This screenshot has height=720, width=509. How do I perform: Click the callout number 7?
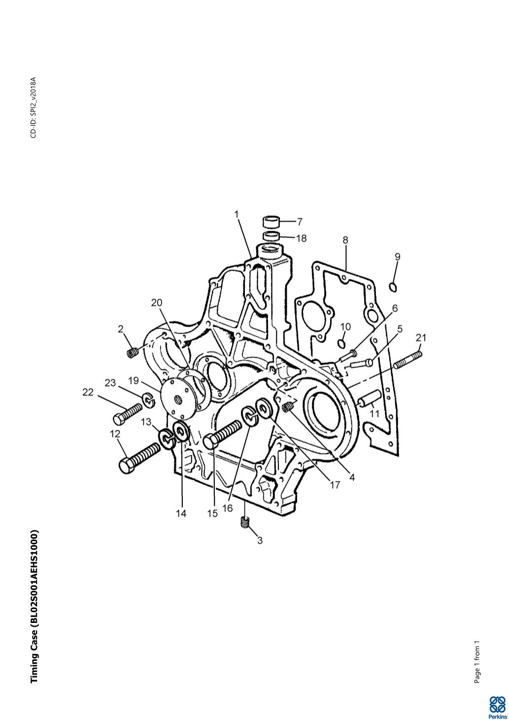pyautogui.click(x=300, y=222)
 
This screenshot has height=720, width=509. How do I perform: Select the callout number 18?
pyautogui.click(x=301, y=238)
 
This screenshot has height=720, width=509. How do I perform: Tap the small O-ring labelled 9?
pyautogui.click(x=392, y=286)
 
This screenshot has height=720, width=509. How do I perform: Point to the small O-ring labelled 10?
pyautogui.click(x=342, y=343)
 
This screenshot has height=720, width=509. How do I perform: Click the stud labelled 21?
pyautogui.click(x=408, y=358)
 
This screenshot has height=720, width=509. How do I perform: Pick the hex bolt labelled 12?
pyautogui.click(x=139, y=457)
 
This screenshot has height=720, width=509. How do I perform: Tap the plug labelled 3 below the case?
pyautogui.click(x=244, y=523)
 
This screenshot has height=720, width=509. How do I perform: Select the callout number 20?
pyautogui.click(x=157, y=302)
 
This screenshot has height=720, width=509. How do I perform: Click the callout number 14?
pyautogui.click(x=181, y=514)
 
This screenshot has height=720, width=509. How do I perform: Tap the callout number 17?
pyautogui.click(x=335, y=485)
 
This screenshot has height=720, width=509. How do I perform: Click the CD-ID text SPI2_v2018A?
pyautogui.click(x=33, y=107)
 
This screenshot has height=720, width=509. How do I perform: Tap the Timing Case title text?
pyautogui.click(x=34, y=607)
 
